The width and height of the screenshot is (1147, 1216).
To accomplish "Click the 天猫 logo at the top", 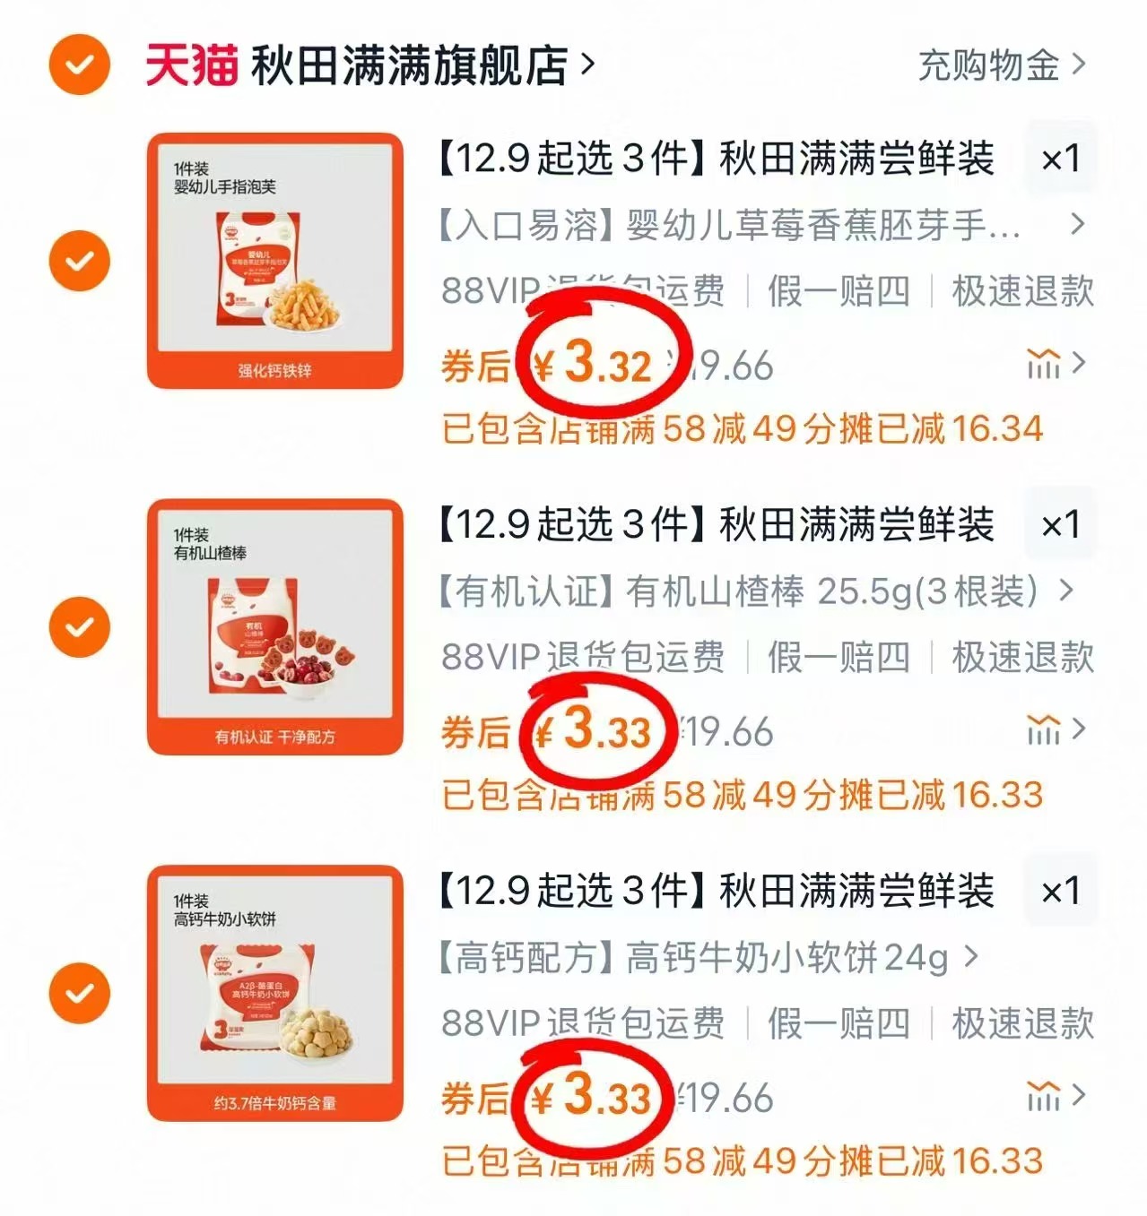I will click(191, 65).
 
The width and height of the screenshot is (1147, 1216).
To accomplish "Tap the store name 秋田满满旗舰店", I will click(409, 65).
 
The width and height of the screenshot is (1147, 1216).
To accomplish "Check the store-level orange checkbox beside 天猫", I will click(80, 65).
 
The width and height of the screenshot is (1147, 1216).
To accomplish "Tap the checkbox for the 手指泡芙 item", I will click(80, 261).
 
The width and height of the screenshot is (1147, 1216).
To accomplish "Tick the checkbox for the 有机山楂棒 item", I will click(80, 626).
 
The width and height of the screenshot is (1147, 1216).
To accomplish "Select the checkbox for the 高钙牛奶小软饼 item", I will click(80, 993).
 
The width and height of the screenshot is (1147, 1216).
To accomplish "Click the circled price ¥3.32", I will click(595, 364).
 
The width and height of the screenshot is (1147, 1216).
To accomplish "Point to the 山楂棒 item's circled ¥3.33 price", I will click(595, 730).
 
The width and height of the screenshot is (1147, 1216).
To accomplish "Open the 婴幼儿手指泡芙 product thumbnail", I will click(275, 261).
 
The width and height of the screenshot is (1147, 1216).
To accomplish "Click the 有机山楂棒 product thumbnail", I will click(275, 626).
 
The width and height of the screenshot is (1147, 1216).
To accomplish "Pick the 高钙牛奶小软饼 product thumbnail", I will click(275, 993).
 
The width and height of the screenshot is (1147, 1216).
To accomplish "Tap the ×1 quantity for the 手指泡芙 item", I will click(1061, 159).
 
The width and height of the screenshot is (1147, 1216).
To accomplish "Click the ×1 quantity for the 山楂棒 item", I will click(1061, 525).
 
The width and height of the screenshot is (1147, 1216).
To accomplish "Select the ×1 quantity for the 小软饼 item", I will click(1061, 891).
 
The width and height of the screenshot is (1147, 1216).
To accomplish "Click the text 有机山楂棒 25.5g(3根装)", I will click(830, 591).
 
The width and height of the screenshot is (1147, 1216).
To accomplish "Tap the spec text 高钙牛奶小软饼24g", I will click(786, 958).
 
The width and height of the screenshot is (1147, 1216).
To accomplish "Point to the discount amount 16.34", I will click(997, 428).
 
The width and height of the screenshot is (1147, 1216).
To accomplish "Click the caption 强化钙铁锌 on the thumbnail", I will click(275, 370).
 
